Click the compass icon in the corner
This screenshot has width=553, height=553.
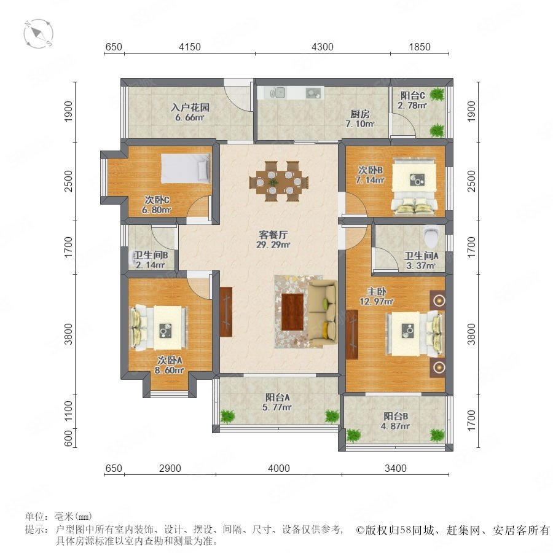39,34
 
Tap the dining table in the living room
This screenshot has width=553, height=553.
278,181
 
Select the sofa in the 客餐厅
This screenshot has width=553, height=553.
323,313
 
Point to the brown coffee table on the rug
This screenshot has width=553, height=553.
292,312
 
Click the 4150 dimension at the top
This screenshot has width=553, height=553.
190,47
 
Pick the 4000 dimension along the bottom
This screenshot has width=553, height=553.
278,468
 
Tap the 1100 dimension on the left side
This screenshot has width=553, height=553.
68,410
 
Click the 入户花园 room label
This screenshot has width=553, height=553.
190,107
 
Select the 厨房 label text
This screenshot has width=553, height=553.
360,114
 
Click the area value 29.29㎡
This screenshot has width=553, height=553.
273,245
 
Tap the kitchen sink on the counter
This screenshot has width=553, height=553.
277,93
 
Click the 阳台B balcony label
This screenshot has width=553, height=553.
396,416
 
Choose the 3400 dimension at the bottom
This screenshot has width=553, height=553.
395,468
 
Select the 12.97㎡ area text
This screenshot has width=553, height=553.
377,301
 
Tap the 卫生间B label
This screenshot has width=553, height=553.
151,254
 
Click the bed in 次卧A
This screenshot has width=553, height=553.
159,327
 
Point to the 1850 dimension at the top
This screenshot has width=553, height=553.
420,47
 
